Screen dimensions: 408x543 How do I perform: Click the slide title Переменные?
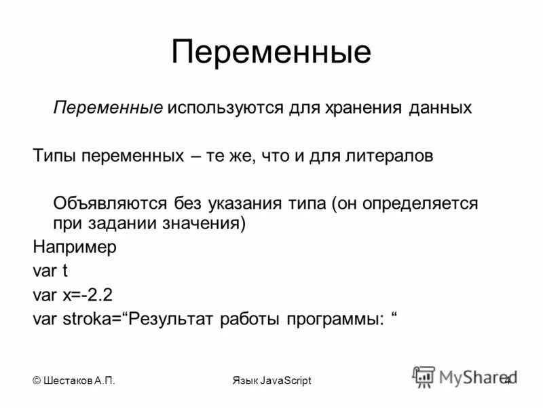point(271,53)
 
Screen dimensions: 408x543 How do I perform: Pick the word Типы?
point(54,156)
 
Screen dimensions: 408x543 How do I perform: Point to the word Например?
point(75,247)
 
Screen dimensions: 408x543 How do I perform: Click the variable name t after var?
point(65,271)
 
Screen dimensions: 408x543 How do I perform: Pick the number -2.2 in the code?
point(96,295)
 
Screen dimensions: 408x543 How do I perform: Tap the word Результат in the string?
point(173,320)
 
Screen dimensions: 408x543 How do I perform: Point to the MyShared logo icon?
point(424,376)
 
